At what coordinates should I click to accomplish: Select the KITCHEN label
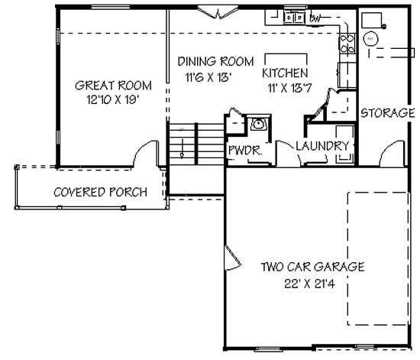pyautogui.click(x=285, y=73)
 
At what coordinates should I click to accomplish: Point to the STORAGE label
pyautogui.click(x=387, y=113)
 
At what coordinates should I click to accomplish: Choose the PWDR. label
pyautogui.click(x=244, y=151)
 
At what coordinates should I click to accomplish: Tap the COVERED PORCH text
pyautogui.click(x=100, y=192)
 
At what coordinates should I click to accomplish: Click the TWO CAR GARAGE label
pyautogui.click(x=312, y=267)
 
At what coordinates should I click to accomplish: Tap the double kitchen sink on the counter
pyautogui.click(x=291, y=17)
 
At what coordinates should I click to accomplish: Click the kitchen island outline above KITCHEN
pyautogui.click(x=286, y=60)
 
